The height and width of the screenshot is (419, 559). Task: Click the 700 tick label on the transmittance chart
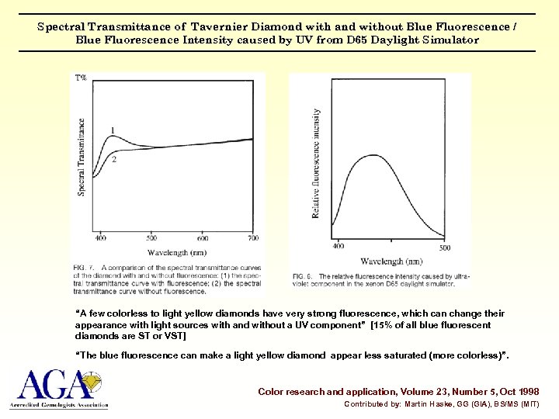pos(253,238)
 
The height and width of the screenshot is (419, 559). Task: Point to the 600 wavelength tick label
pos(202,238)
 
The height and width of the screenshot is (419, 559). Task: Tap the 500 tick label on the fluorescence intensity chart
pos(444,247)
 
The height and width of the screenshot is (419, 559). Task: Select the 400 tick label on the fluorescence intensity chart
pos(339,247)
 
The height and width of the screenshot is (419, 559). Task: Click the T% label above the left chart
pos(81,78)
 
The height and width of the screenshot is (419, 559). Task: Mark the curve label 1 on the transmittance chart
pos(113,130)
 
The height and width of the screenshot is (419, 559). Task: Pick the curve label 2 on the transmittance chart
pos(113,159)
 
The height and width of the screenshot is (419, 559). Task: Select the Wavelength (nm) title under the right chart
pos(391,261)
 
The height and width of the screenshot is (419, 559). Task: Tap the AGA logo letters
pos(50,385)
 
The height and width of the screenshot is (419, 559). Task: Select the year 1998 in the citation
pos(524,392)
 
